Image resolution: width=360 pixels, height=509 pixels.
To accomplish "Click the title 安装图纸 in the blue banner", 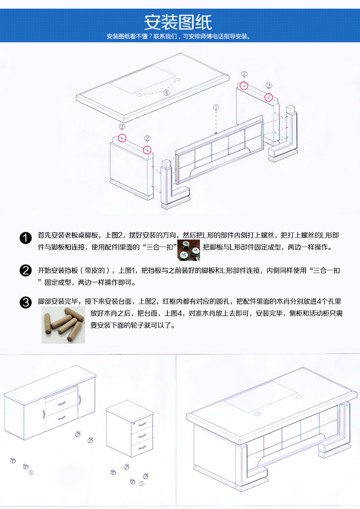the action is (178, 22).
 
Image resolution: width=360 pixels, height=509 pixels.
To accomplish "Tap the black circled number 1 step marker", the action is (26, 238).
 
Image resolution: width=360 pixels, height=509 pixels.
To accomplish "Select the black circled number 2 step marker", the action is (26, 270).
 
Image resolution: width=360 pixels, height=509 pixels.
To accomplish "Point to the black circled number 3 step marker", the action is (26, 303).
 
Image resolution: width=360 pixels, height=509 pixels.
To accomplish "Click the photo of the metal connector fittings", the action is (189, 250).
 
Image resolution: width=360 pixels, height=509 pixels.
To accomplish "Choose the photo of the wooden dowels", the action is (63, 325).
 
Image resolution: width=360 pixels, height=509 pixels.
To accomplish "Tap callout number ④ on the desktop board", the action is (166, 92).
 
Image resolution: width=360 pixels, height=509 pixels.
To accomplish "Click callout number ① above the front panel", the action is (216, 107).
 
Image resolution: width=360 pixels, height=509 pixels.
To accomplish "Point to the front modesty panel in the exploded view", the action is (219, 150).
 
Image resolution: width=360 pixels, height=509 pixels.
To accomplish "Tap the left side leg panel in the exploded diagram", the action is (132, 168).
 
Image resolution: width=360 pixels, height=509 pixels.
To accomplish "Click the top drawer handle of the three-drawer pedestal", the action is (142, 424).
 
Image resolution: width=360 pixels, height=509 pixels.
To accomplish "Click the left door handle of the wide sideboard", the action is (44, 414).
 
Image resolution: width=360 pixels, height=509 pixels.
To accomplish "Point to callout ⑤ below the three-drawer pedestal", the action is (142, 484).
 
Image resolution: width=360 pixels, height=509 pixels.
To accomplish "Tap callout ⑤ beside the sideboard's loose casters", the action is (31, 473).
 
